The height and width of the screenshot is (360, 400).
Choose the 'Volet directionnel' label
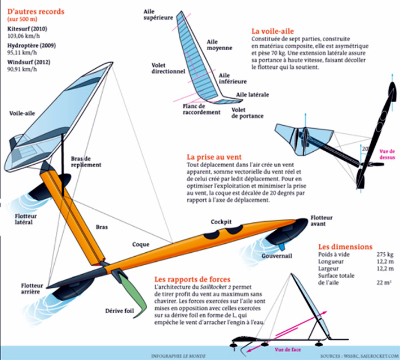(x=168, y=68)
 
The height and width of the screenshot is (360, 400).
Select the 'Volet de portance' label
(x=247, y=112)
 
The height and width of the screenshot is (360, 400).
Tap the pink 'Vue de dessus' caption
(x=387, y=154)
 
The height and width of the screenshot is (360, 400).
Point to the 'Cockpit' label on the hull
(x=222, y=222)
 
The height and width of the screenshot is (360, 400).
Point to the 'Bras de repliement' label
(x=86, y=161)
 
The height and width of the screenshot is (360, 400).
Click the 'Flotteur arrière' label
(x=32, y=289)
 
